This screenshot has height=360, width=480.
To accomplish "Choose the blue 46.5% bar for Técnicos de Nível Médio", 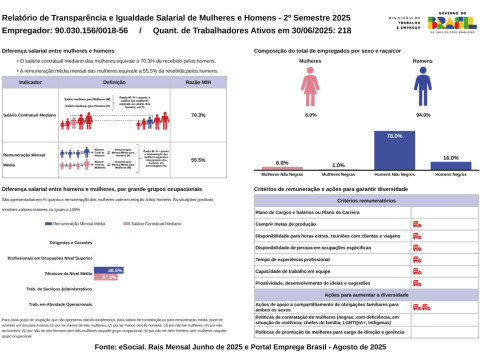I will (116, 270).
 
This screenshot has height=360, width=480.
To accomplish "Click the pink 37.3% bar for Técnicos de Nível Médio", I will (112, 277).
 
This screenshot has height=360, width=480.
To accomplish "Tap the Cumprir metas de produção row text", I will (289, 224).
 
